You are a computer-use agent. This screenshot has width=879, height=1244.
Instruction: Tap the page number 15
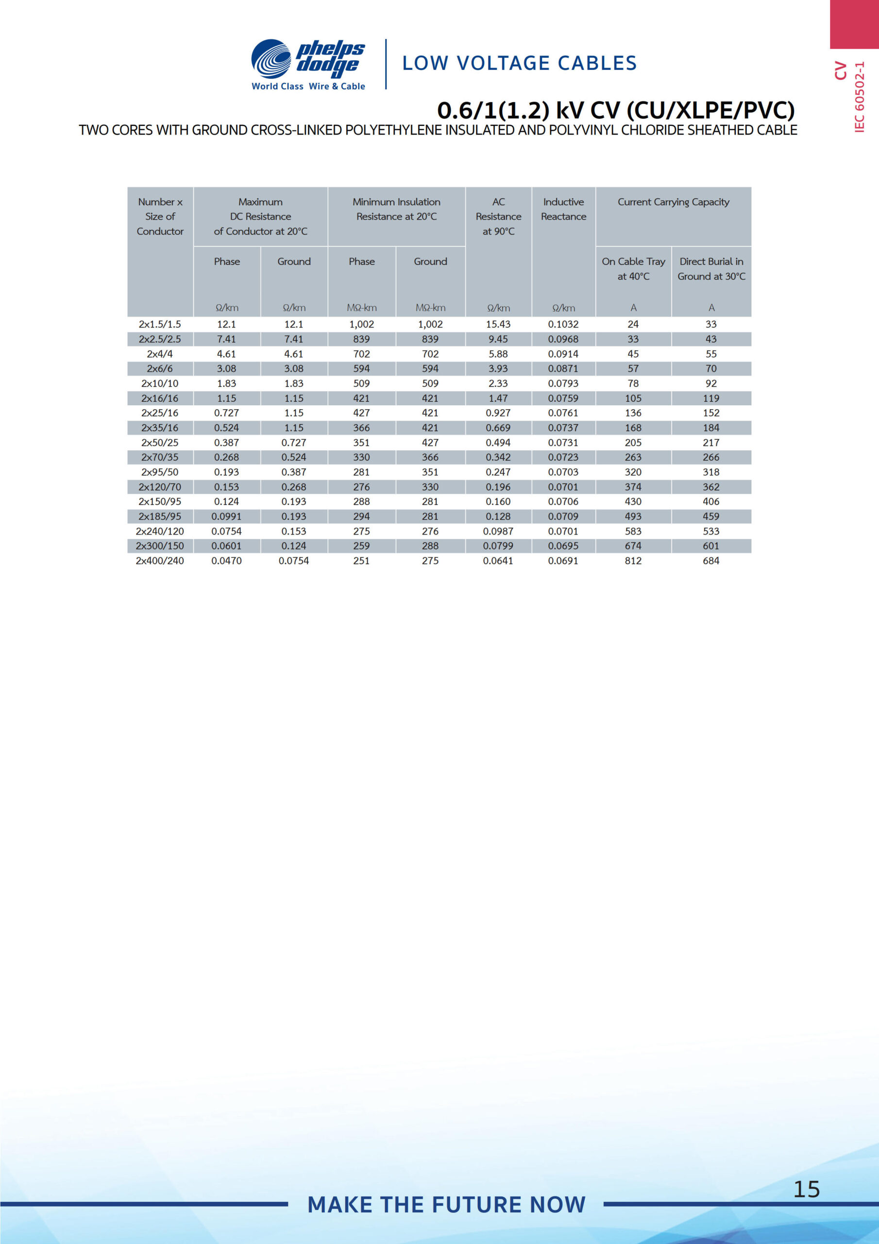[807, 1189]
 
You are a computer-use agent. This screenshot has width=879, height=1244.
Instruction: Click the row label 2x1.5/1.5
[160, 324]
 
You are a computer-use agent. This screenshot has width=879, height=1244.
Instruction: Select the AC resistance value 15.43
[498, 324]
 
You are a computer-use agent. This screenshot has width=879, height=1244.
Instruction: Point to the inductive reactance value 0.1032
[563, 324]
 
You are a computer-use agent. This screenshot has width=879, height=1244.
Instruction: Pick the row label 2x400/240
[160, 561]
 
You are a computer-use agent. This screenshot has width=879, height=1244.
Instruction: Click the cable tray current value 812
[633, 561]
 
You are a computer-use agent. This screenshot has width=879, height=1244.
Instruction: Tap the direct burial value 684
[710, 561]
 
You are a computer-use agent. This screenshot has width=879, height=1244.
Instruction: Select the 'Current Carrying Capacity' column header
[673, 202]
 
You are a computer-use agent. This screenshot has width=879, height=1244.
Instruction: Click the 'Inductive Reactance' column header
[563, 209]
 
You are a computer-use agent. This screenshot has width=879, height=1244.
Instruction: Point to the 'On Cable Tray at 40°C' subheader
[633, 269]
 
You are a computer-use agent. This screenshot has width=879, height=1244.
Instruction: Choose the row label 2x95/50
[160, 472]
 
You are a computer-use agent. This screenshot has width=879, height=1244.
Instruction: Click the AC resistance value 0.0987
[498, 531]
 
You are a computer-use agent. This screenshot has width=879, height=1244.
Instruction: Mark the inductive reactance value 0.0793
[563, 383]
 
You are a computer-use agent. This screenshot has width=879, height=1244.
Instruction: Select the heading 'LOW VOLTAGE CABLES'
[519, 63]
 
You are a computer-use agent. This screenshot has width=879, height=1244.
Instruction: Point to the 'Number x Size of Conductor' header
[160, 216]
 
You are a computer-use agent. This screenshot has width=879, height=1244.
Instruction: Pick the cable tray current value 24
[633, 324]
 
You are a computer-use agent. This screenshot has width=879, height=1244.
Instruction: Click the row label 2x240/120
[160, 531]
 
